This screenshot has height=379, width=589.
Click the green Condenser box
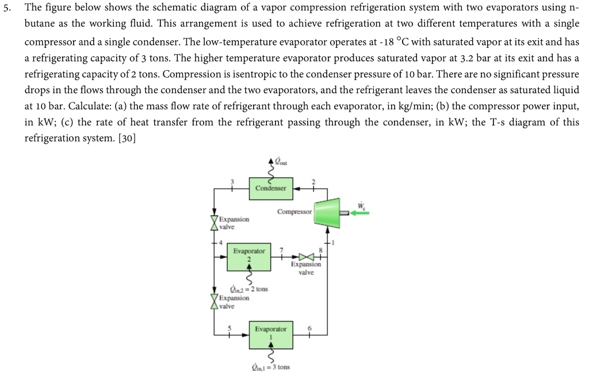coord(270,187)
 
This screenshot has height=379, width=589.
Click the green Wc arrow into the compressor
coord(359,212)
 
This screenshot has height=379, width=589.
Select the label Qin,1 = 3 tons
coord(270,366)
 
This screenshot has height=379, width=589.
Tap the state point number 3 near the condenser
coord(232,182)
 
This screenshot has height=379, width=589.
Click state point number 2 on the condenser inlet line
coord(313,182)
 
